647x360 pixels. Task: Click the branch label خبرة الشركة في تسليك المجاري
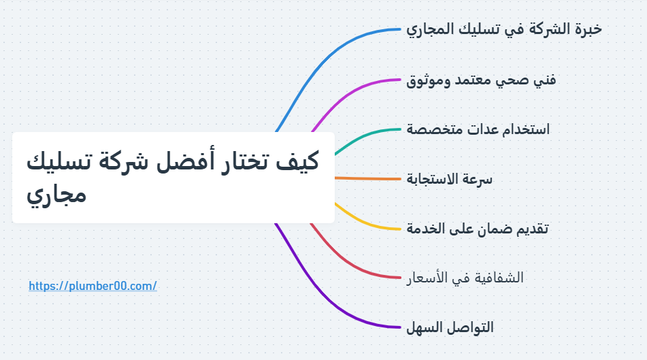[x=504, y=29]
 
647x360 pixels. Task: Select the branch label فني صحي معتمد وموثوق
[x=481, y=80]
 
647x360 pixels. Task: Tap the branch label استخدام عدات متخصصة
[x=478, y=129]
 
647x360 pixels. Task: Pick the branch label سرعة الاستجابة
[x=450, y=179]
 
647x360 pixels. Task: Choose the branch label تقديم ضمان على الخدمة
[x=477, y=228]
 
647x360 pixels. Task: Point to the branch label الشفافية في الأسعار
[x=465, y=278]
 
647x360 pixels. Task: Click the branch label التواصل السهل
[x=450, y=327]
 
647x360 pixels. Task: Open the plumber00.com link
[x=93, y=286]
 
